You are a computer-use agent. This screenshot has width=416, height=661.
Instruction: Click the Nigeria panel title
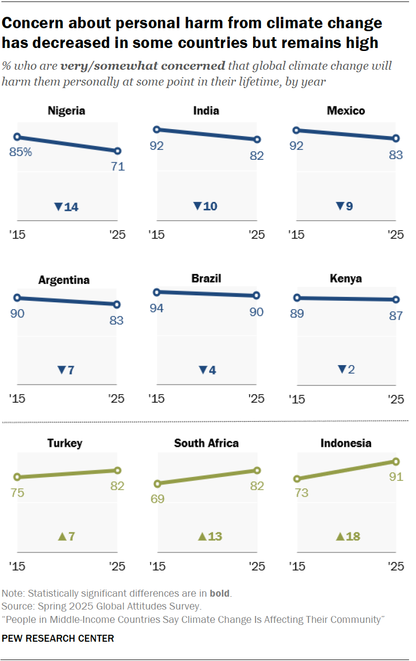[x=66, y=110]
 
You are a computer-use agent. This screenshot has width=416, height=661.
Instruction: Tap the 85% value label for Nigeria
[x=21, y=152]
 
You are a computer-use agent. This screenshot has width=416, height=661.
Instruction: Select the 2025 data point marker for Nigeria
[x=117, y=151]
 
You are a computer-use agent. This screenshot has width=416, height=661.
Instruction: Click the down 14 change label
[x=66, y=206]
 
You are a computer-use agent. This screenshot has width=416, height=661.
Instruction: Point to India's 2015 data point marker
[x=156, y=130]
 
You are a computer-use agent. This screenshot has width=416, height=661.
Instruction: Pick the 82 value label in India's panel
[x=257, y=155]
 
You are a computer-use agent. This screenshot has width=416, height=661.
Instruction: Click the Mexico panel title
[x=346, y=110]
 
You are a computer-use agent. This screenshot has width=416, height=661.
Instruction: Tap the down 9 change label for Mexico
[x=345, y=206]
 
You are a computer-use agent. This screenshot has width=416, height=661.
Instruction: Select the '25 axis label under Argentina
[x=117, y=399]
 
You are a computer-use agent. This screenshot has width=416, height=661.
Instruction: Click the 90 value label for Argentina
[x=17, y=313]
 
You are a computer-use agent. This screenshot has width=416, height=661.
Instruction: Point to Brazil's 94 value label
[x=157, y=308]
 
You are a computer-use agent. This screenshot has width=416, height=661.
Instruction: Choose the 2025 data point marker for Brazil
[x=256, y=295]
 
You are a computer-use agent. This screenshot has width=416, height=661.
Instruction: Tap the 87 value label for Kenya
[x=396, y=315]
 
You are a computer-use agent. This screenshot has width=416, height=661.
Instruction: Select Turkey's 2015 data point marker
[x=17, y=477]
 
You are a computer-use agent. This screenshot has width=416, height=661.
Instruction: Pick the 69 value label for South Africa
[x=157, y=499]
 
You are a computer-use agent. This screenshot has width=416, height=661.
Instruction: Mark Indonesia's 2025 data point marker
[x=396, y=462]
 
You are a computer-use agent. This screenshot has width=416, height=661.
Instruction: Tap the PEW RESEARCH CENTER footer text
[x=58, y=638]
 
